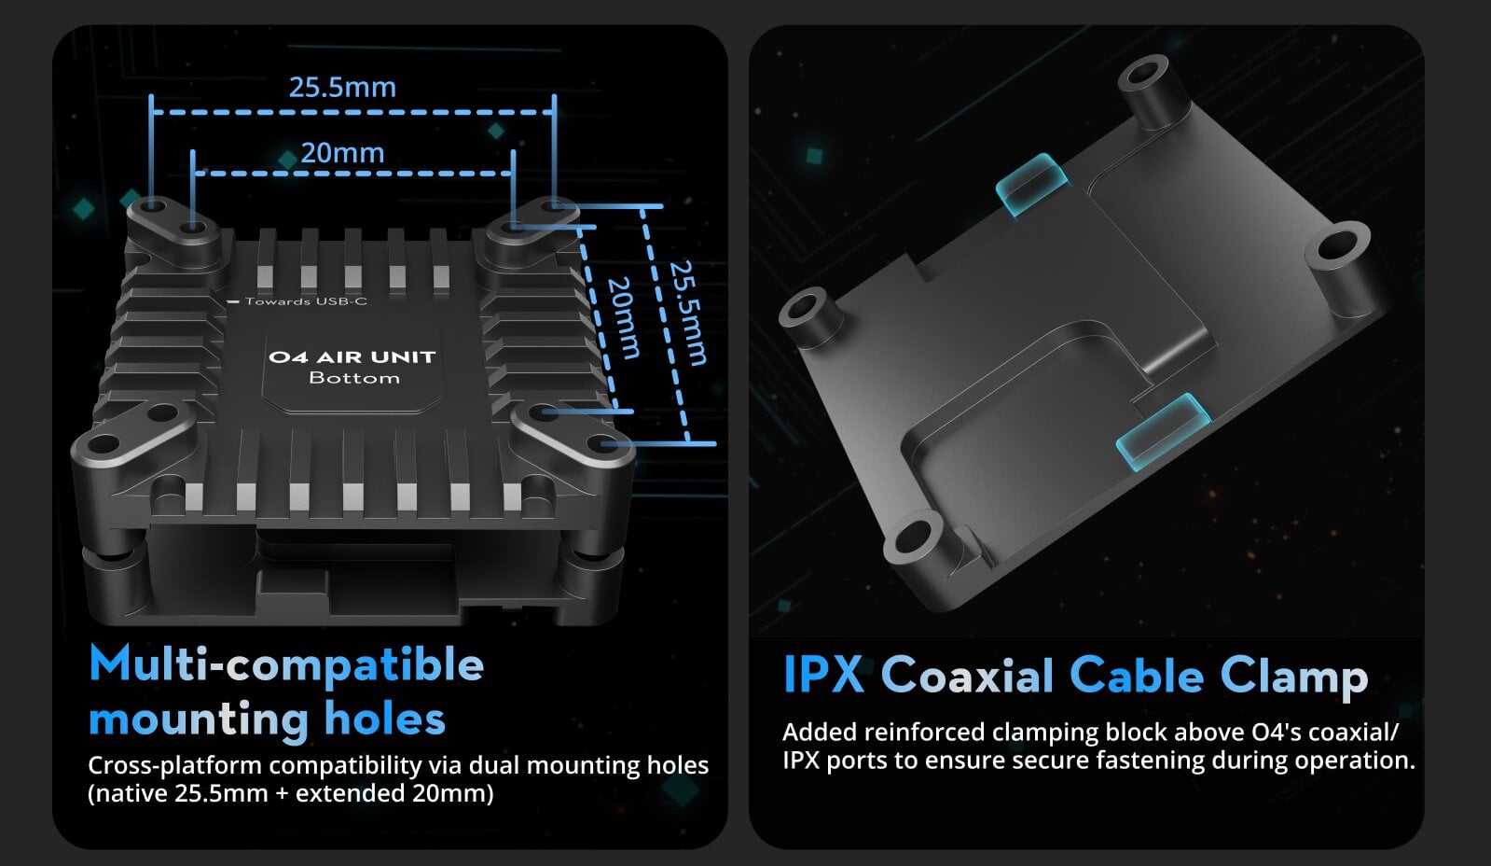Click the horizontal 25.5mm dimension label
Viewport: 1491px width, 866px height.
pyautogui.click(x=342, y=88)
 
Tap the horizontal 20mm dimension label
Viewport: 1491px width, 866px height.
pyautogui.click(x=342, y=153)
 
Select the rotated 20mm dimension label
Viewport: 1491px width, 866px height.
pyautogui.click(x=624, y=318)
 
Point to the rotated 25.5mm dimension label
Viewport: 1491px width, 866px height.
pyautogui.click(x=687, y=314)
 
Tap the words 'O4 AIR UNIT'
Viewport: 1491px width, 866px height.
pyautogui.click(x=352, y=357)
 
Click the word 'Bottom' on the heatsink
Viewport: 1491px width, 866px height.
pyautogui.click(x=354, y=378)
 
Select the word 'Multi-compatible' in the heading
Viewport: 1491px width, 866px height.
pyautogui.click(x=286, y=665)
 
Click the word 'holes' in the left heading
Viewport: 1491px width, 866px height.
pyautogui.click(x=385, y=719)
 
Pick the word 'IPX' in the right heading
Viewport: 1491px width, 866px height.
pyautogui.click(x=823, y=674)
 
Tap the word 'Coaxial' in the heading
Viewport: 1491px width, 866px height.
pyautogui.click(x=967, y=674)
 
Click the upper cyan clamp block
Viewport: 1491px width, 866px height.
pyautogui.click(x=1031, y=184)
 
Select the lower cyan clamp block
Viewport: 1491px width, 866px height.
pyautogui.click(x=1162, y=430)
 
